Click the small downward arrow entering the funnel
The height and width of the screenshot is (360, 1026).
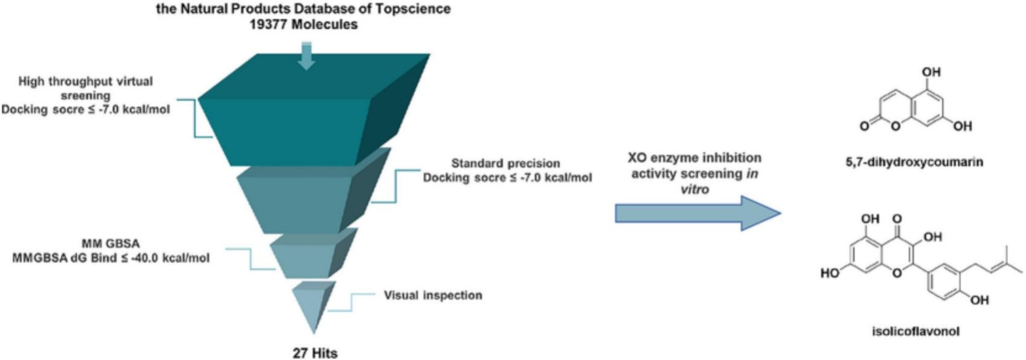coord(307,56)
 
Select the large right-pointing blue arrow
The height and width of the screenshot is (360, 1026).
coord(697,213)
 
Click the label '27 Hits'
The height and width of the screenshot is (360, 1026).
coord(315,353)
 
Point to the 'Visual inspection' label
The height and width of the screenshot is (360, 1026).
coord(433,295)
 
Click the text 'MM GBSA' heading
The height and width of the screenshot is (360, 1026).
coord(111,244)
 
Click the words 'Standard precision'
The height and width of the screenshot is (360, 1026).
coord(505,163)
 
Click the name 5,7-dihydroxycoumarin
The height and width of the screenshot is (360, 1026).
coord(914,162)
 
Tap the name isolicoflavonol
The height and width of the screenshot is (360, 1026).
coord(915,331)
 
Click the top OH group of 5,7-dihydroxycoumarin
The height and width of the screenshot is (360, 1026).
coord(931,72)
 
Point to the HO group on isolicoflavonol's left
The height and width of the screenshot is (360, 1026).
coord(830,274)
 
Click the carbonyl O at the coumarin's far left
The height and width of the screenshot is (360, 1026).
coord(865,126)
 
